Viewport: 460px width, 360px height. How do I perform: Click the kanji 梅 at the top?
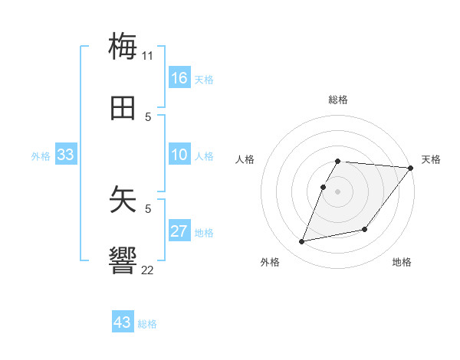click(123, 46)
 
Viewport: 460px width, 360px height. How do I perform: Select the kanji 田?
click(123, 108)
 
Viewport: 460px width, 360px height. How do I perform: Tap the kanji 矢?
click(123, 199)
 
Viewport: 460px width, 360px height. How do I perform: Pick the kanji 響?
click(123, 260)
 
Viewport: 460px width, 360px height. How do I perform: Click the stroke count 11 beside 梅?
click(148, 55)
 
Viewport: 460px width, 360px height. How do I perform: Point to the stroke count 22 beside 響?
click(148, 270)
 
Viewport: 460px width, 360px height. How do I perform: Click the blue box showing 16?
click(179, 78)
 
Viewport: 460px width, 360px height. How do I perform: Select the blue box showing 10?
click(179, 155)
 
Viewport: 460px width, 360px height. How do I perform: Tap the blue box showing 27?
click(179, 231)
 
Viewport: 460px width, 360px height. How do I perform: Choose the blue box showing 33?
click(66, 155)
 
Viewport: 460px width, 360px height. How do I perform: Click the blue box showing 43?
click(123, 322)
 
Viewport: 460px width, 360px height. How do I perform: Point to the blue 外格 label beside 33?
click(41, 156)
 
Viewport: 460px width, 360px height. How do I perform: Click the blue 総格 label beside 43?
click(147, 324)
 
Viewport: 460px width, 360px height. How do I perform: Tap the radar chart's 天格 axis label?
click(431, 159)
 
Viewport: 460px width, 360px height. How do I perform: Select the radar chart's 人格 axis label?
click(245, 159)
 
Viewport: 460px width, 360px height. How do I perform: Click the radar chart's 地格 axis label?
click(402, 262)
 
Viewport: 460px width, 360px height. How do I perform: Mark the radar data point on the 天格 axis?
click(410, 168)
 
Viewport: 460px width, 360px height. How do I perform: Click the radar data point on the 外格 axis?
click(302, 241)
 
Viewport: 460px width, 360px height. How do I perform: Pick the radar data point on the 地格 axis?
click(365, 229)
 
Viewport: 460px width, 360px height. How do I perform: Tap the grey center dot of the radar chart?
click(338, 191)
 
